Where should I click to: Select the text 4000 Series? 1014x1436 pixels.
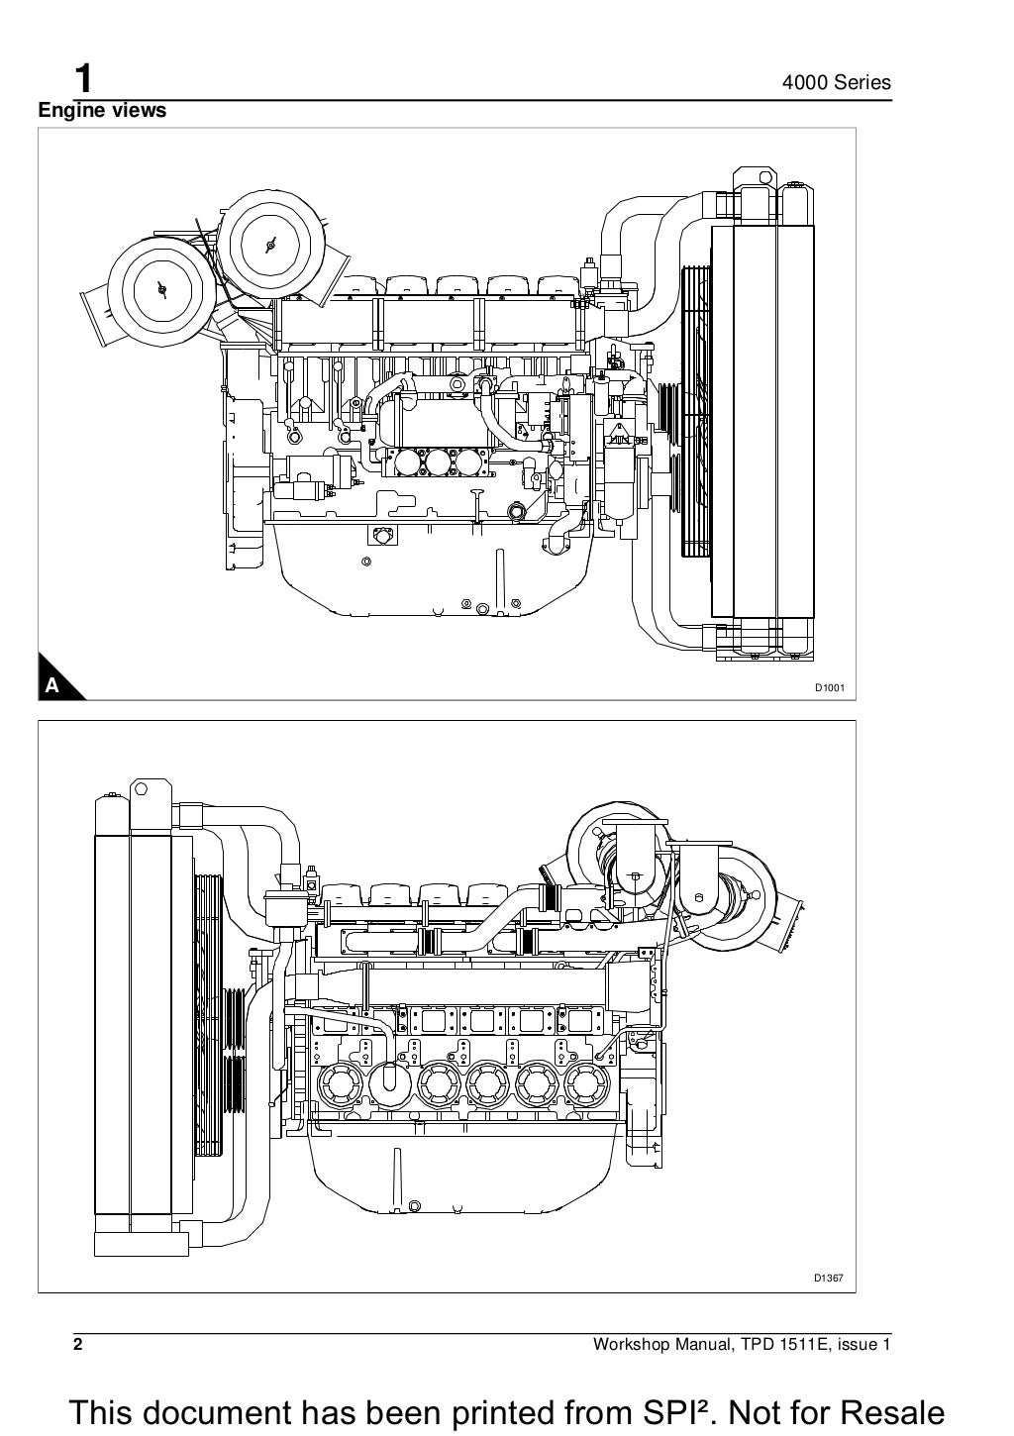tap(837, 83)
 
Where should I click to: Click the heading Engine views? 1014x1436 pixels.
tap(102, 111)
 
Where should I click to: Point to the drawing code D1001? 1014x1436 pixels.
tap(829, 686)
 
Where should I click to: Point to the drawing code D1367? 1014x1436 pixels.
tap(829, 1279)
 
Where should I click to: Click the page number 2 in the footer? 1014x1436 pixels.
tap(77, 1344)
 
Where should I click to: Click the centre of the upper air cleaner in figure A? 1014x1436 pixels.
tap(269, 243)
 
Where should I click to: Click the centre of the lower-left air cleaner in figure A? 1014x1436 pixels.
tap(160, 286)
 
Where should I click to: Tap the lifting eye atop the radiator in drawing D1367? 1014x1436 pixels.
tap(143, 792)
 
